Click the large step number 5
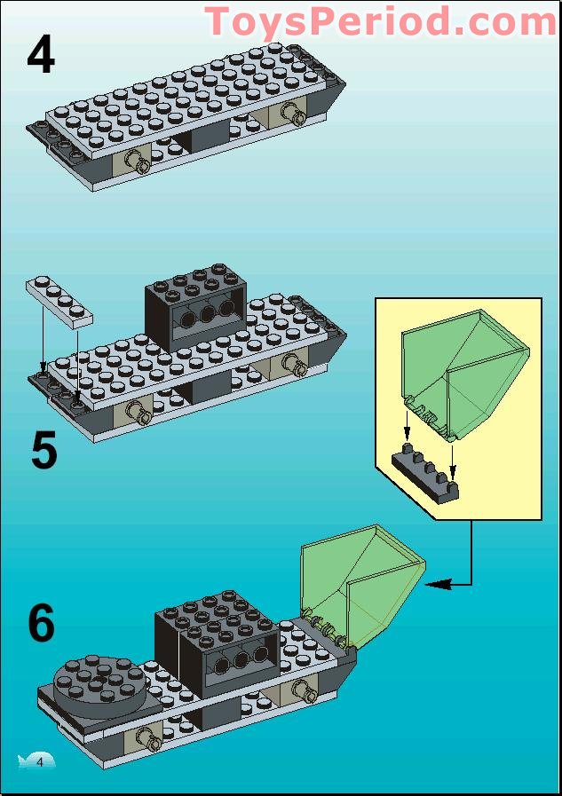point(44,451)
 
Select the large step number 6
point(41,624)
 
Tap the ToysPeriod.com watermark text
point(382,20)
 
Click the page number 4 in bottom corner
point(39,761)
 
